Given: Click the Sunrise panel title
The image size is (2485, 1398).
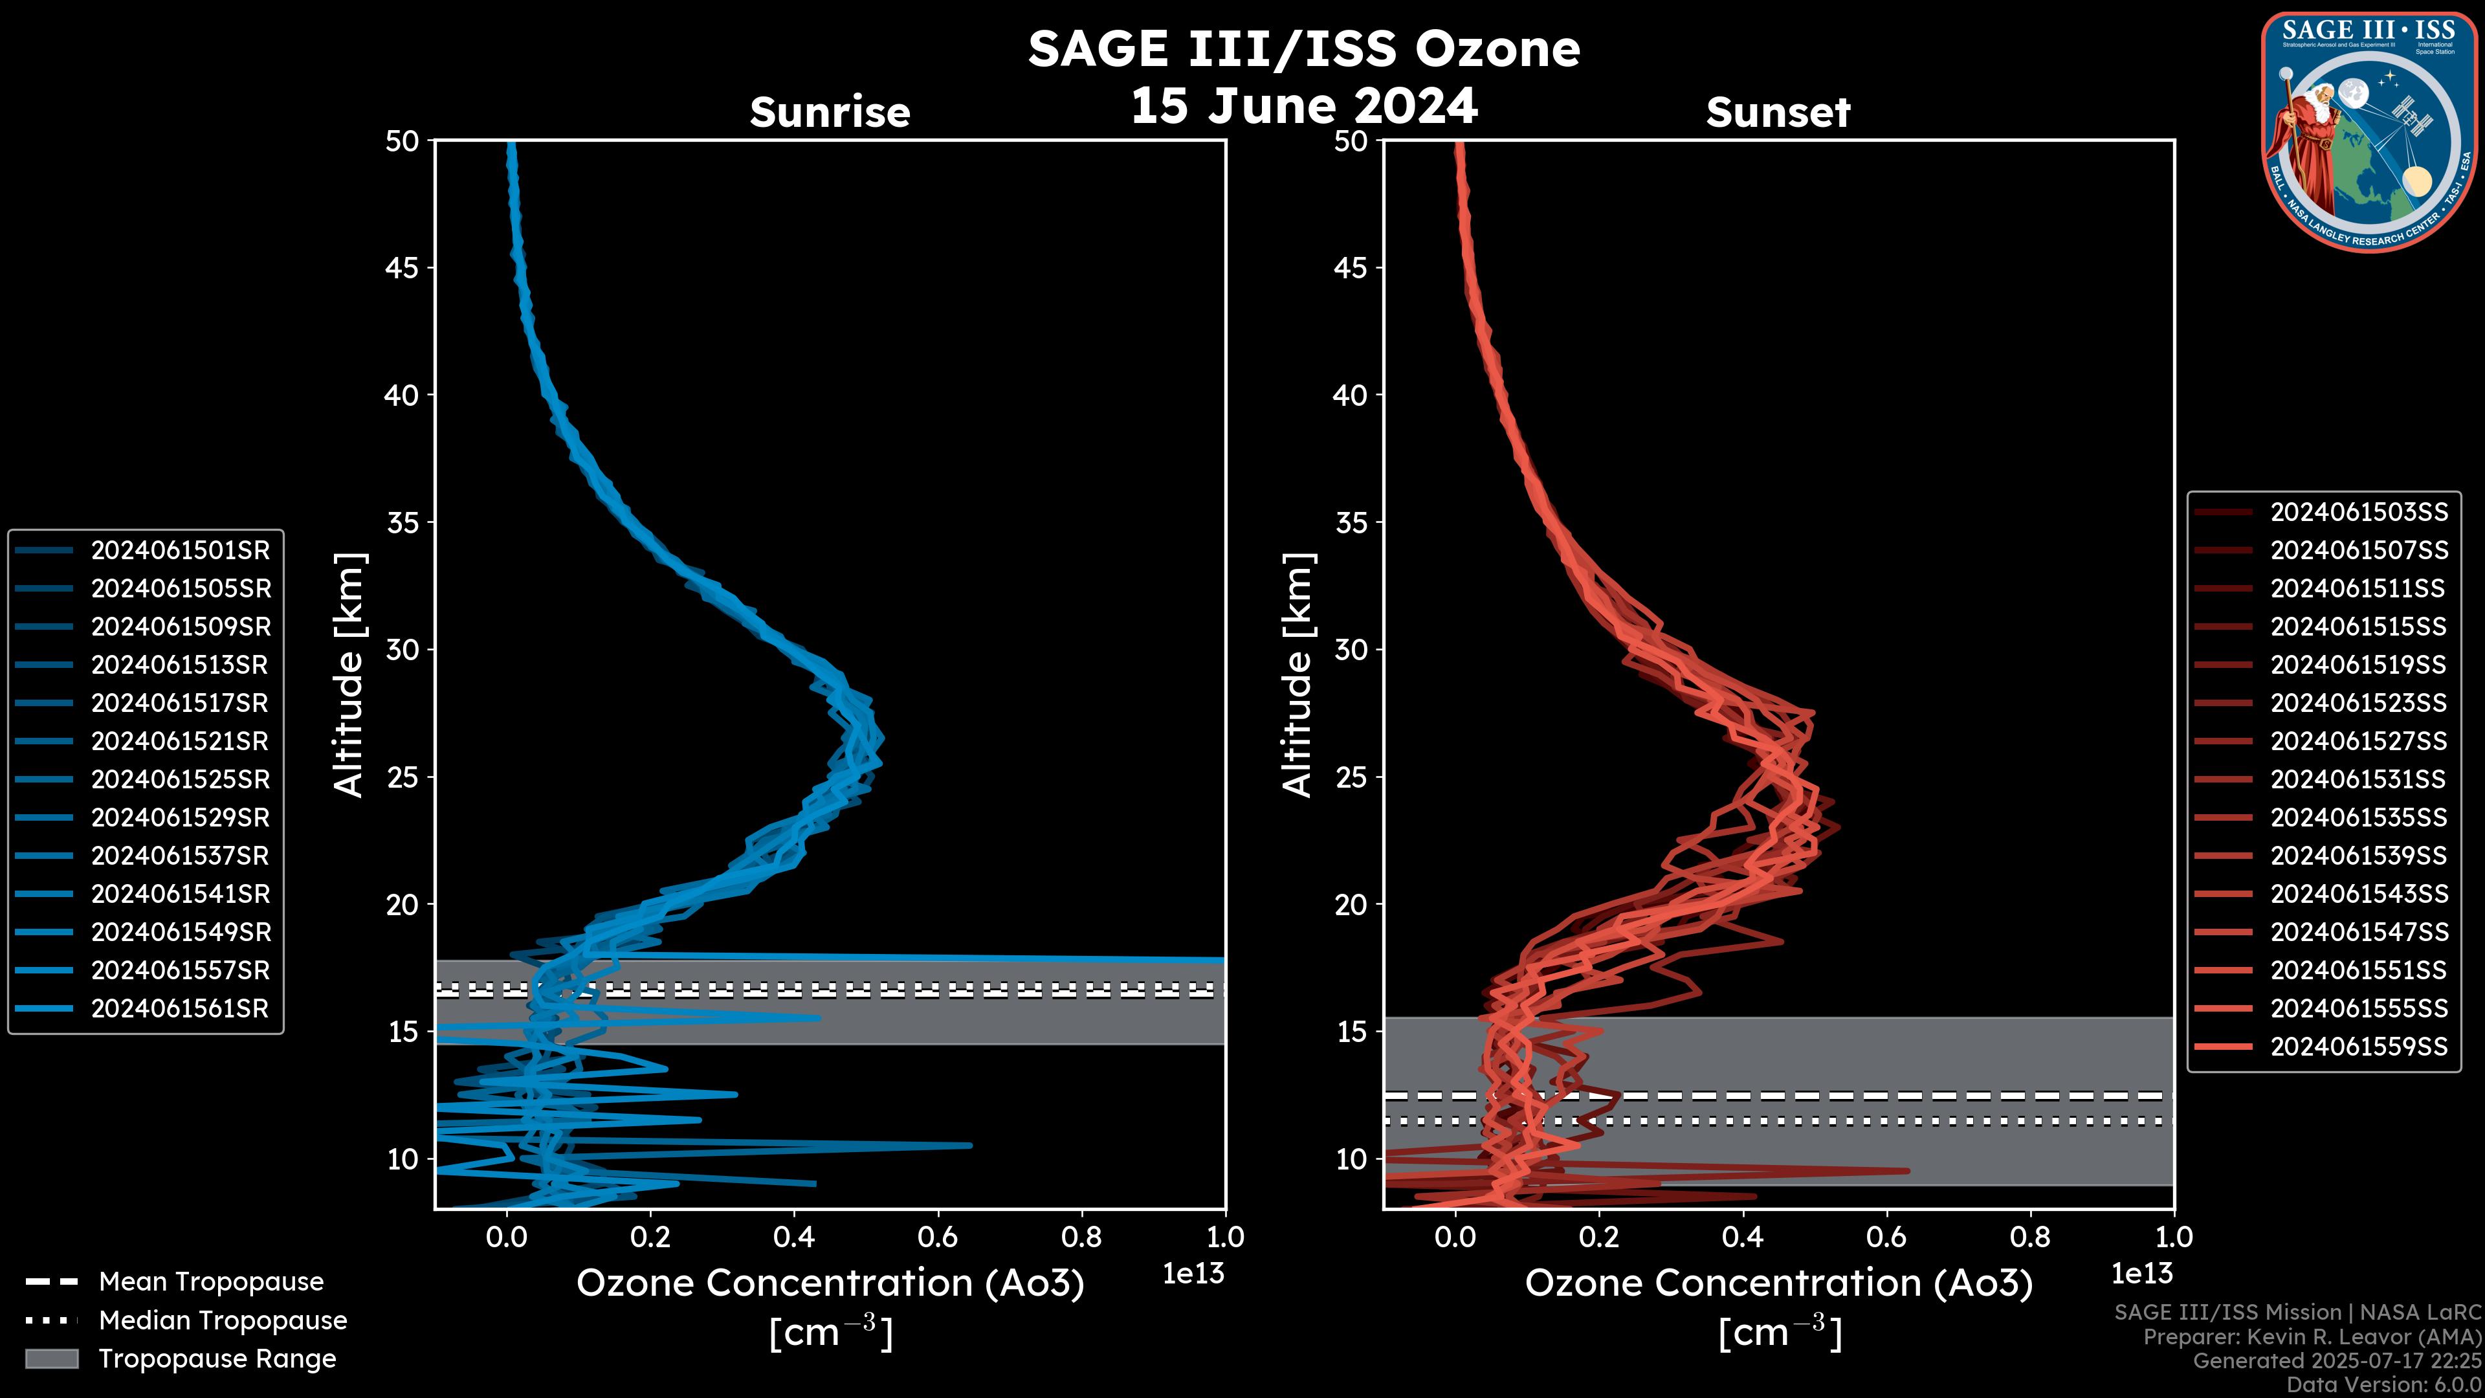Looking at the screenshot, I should click(x=830, y=112).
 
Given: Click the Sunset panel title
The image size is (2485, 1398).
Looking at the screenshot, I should click(x=1778, y=112).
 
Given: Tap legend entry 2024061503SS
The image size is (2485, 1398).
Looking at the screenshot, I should click(x=2359, y=511).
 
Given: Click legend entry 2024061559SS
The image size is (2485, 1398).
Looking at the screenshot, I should click(x=2359, y=1046).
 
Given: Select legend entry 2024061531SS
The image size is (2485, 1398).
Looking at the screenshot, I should click(x=2359, y=779).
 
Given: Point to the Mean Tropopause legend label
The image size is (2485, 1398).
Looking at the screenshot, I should click(x=211, y=1281).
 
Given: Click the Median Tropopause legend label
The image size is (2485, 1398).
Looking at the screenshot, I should click(x=223, y=1320).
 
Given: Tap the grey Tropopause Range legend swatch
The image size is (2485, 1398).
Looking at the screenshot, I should click(x=51, y=1359).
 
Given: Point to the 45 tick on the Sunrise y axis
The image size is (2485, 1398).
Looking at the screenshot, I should click(x=403, y=267).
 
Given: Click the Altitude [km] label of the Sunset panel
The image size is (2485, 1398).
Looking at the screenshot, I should click(x=1298, y=675).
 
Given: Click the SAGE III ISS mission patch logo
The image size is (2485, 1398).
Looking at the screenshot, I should click(x=2369, y=131).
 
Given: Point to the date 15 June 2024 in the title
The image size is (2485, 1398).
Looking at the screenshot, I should click(x=1303, y=105).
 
